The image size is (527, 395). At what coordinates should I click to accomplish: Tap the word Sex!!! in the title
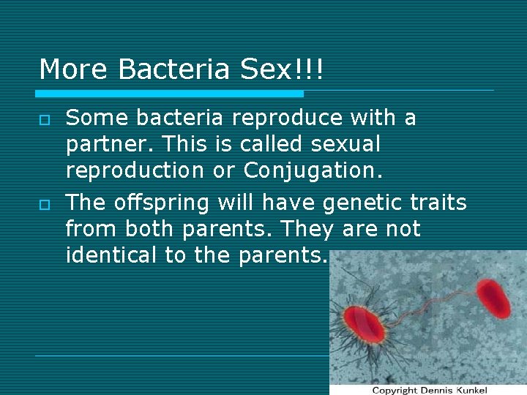pos(282,69)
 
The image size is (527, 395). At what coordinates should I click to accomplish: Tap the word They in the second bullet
pos(301,229)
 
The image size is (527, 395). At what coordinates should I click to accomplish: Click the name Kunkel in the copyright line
pos(468,390)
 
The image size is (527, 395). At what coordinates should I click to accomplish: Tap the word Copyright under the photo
pos(395,390)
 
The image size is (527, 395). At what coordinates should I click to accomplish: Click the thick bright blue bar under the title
pos(169,94)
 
